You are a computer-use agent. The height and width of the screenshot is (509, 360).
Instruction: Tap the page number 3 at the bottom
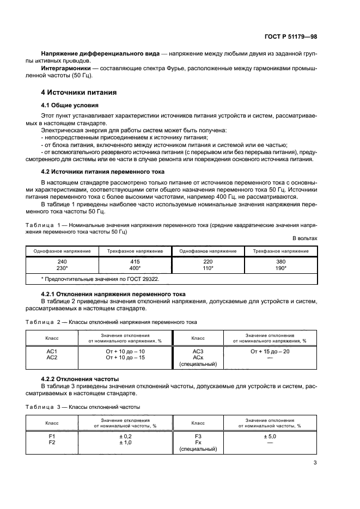pos(315,463)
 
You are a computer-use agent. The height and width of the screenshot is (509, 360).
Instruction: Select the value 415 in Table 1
pos(135,261)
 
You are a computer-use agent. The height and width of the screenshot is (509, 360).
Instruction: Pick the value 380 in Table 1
pos(281,261)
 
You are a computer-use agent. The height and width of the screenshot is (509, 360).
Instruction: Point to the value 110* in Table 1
pos(208,268)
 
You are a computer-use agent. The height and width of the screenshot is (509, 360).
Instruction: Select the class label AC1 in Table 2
pos(52,351)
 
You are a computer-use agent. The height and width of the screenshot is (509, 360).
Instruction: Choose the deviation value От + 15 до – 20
pos(270,351)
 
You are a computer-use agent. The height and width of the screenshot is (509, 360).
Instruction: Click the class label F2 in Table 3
pos(52,443)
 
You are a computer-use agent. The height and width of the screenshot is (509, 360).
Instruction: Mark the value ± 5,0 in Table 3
pos(270,436)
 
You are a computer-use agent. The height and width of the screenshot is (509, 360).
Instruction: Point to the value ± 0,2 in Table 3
pos(125,436)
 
